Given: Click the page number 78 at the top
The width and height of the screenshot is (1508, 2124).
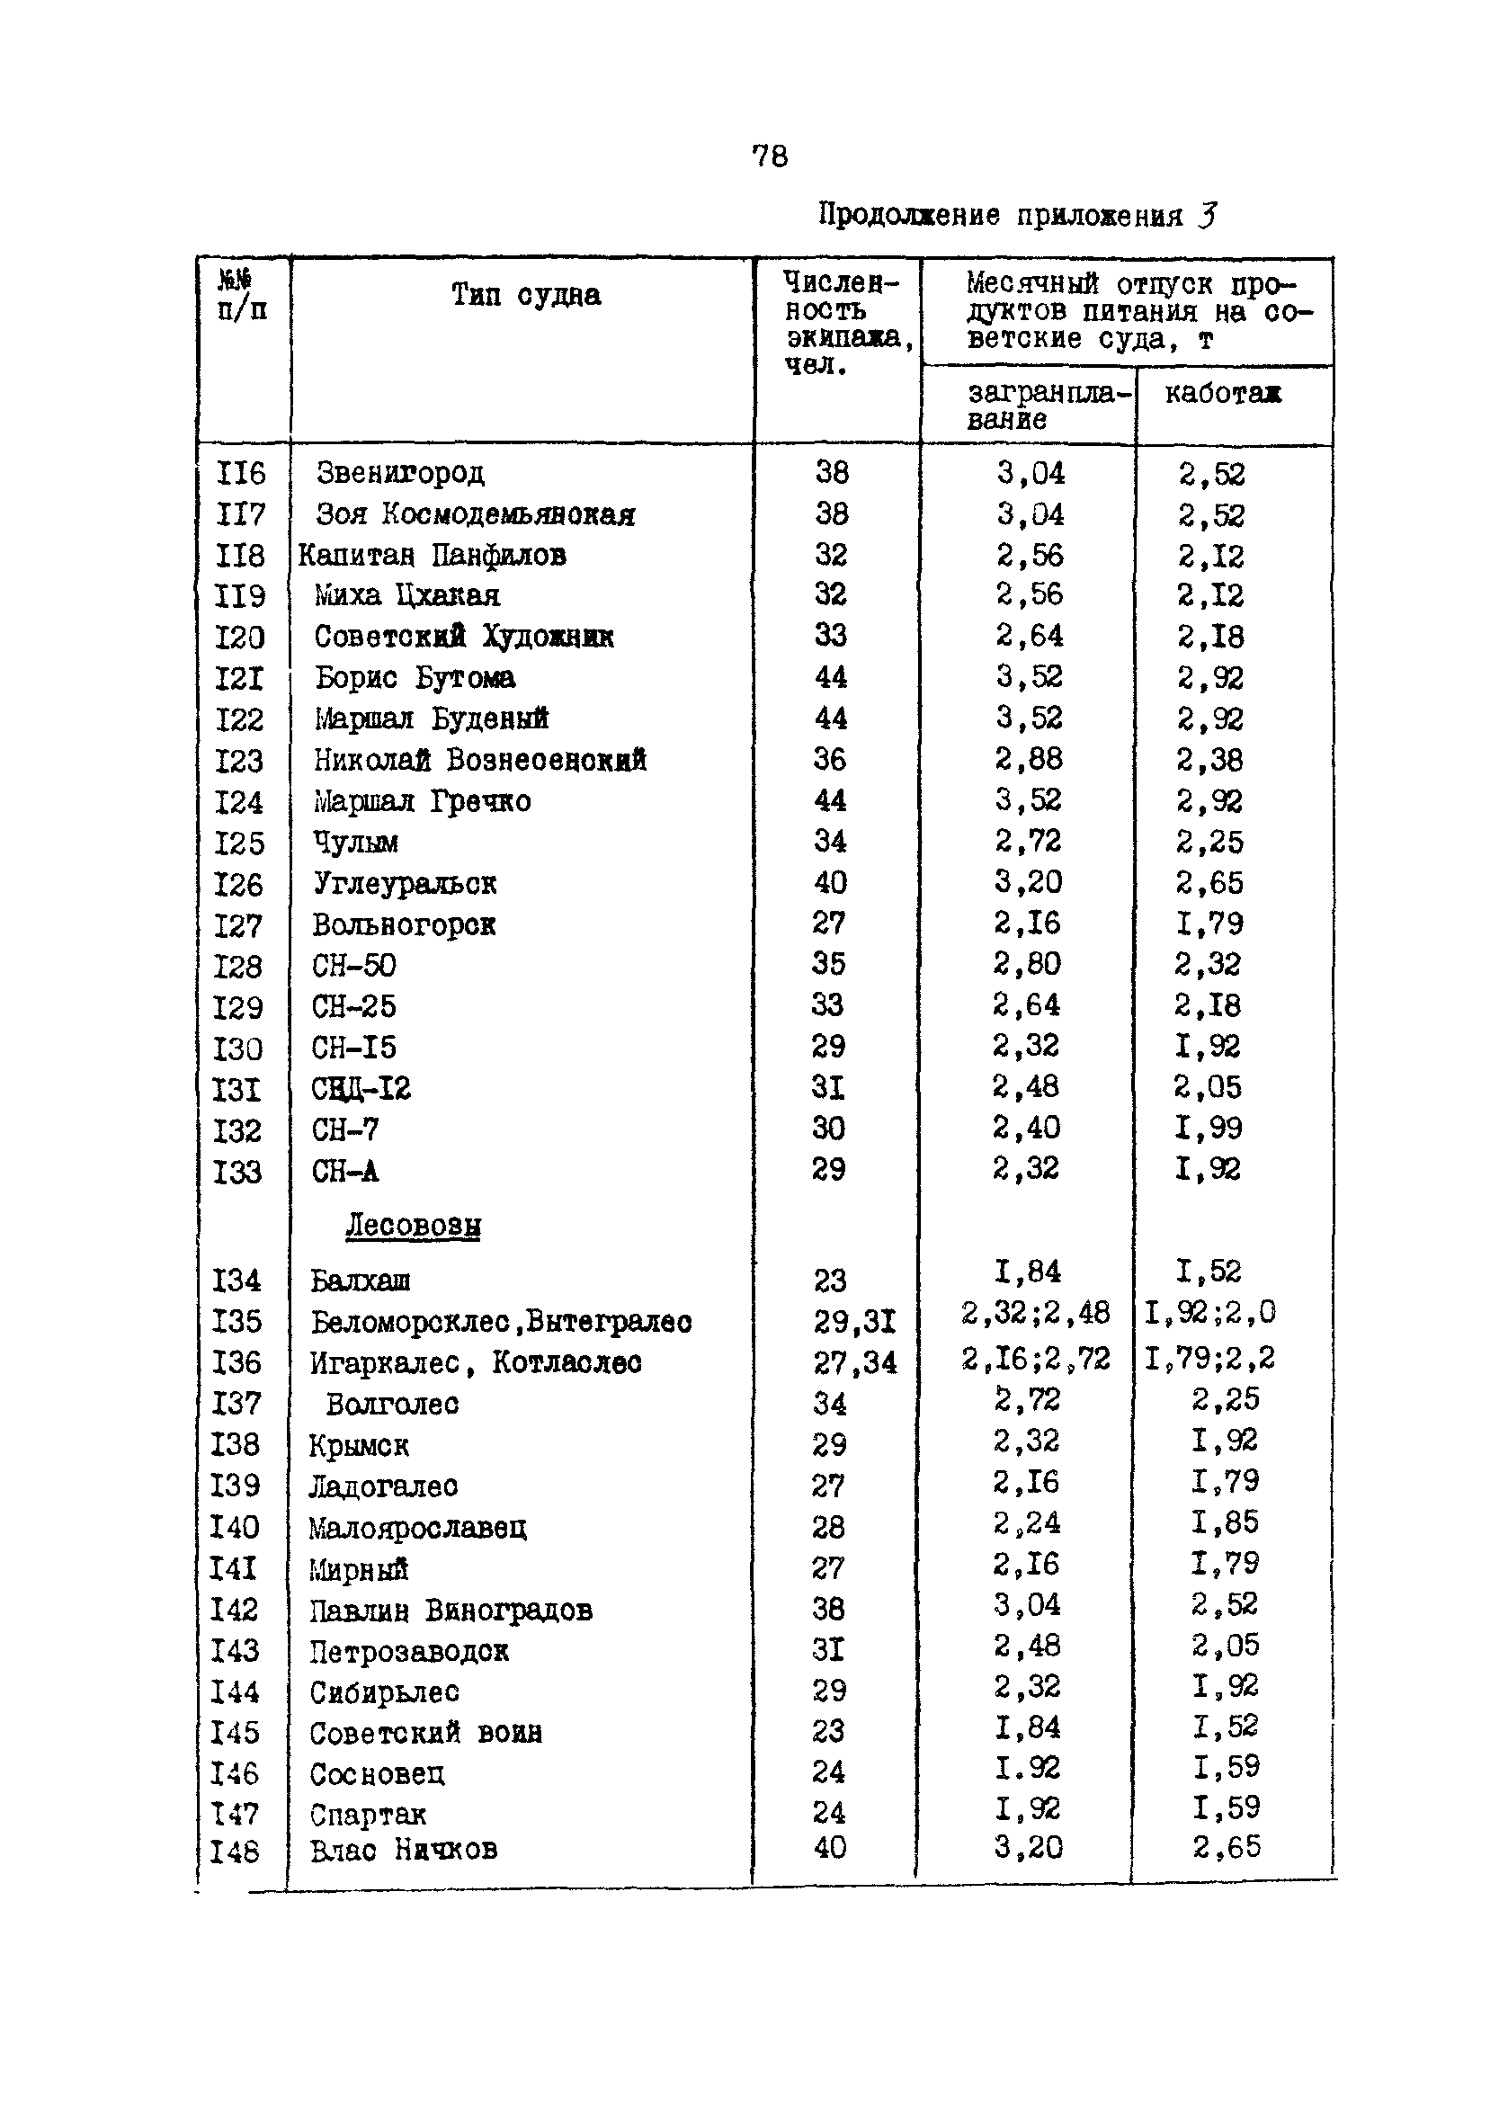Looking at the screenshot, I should coord(769,156).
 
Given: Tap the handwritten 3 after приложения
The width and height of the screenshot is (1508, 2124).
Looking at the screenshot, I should coord(1206,216).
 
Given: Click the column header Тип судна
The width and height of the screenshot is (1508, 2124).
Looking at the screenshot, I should coord(525,295).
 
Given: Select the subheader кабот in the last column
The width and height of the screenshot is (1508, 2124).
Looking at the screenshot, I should coord(1222,393).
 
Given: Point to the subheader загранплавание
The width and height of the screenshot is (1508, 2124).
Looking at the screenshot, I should coord(1048,406).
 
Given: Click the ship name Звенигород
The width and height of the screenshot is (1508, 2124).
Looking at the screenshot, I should coord(400,472).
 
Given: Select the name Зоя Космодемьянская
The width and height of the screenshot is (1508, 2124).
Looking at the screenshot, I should coord(476,513).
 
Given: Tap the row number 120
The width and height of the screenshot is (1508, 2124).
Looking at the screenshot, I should coord(239,637).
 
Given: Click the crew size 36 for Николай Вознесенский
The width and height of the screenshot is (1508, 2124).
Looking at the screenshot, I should coord(829,758).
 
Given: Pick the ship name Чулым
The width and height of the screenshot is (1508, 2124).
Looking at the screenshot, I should coord(355,842).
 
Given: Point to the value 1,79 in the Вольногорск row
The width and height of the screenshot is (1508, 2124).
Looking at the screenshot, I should coord(1208,923).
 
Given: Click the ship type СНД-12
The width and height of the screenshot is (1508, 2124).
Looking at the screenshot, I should coord(361,1088).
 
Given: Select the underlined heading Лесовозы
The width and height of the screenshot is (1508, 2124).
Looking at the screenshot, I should coord(414,1226).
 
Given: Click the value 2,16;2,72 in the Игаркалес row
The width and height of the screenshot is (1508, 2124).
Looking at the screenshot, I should coord(1034,1360).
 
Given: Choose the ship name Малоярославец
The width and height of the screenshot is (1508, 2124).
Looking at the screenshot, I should coord(417,1527).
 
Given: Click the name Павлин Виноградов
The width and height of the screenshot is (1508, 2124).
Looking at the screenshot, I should coord(451,1610).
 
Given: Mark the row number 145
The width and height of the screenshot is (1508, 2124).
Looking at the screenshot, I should coord(234,1732).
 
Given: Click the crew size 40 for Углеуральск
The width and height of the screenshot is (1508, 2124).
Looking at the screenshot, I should coord(830,882).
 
